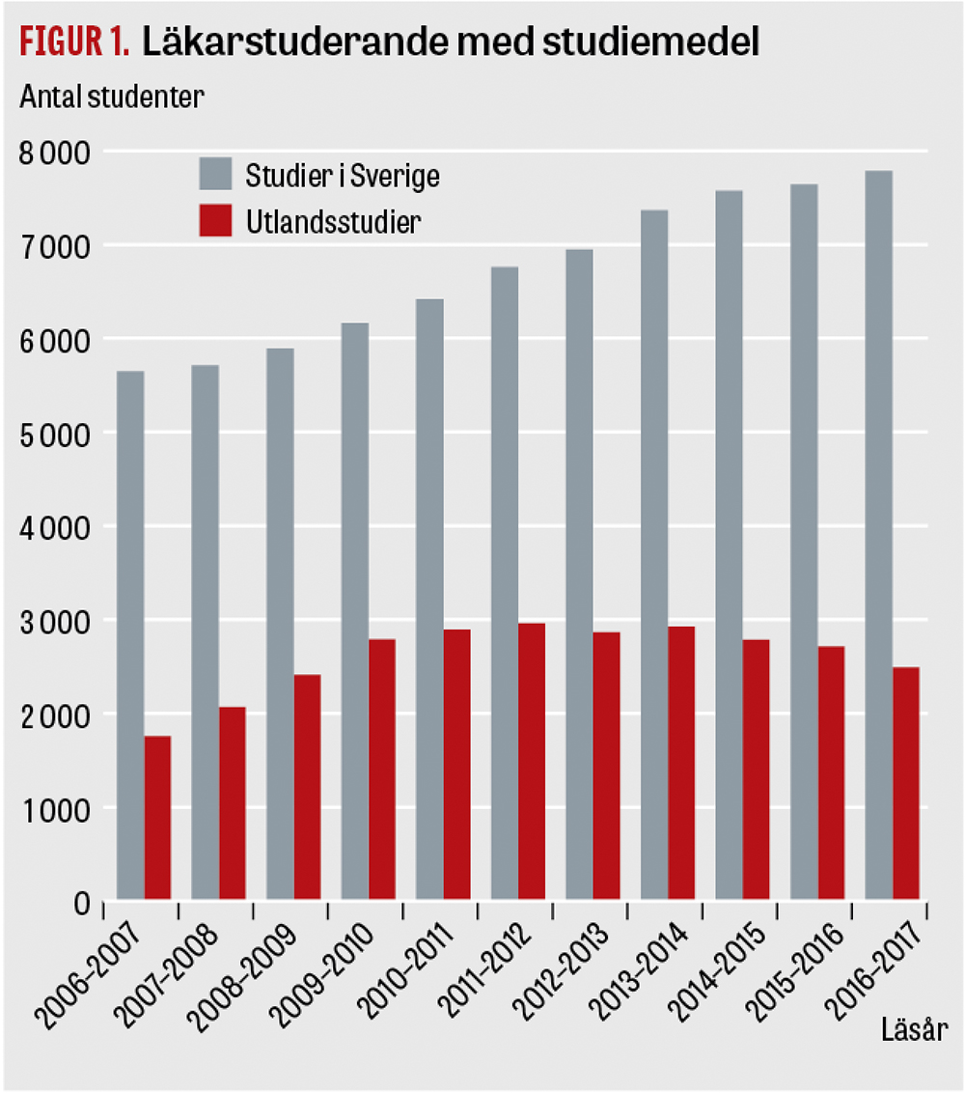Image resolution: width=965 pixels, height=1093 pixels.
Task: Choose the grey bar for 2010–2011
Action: click(x=429, y=600)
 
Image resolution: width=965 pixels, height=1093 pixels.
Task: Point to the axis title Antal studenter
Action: click(x=108, y=97)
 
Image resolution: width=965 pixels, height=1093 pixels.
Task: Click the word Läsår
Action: click(x=914, y=1051)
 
